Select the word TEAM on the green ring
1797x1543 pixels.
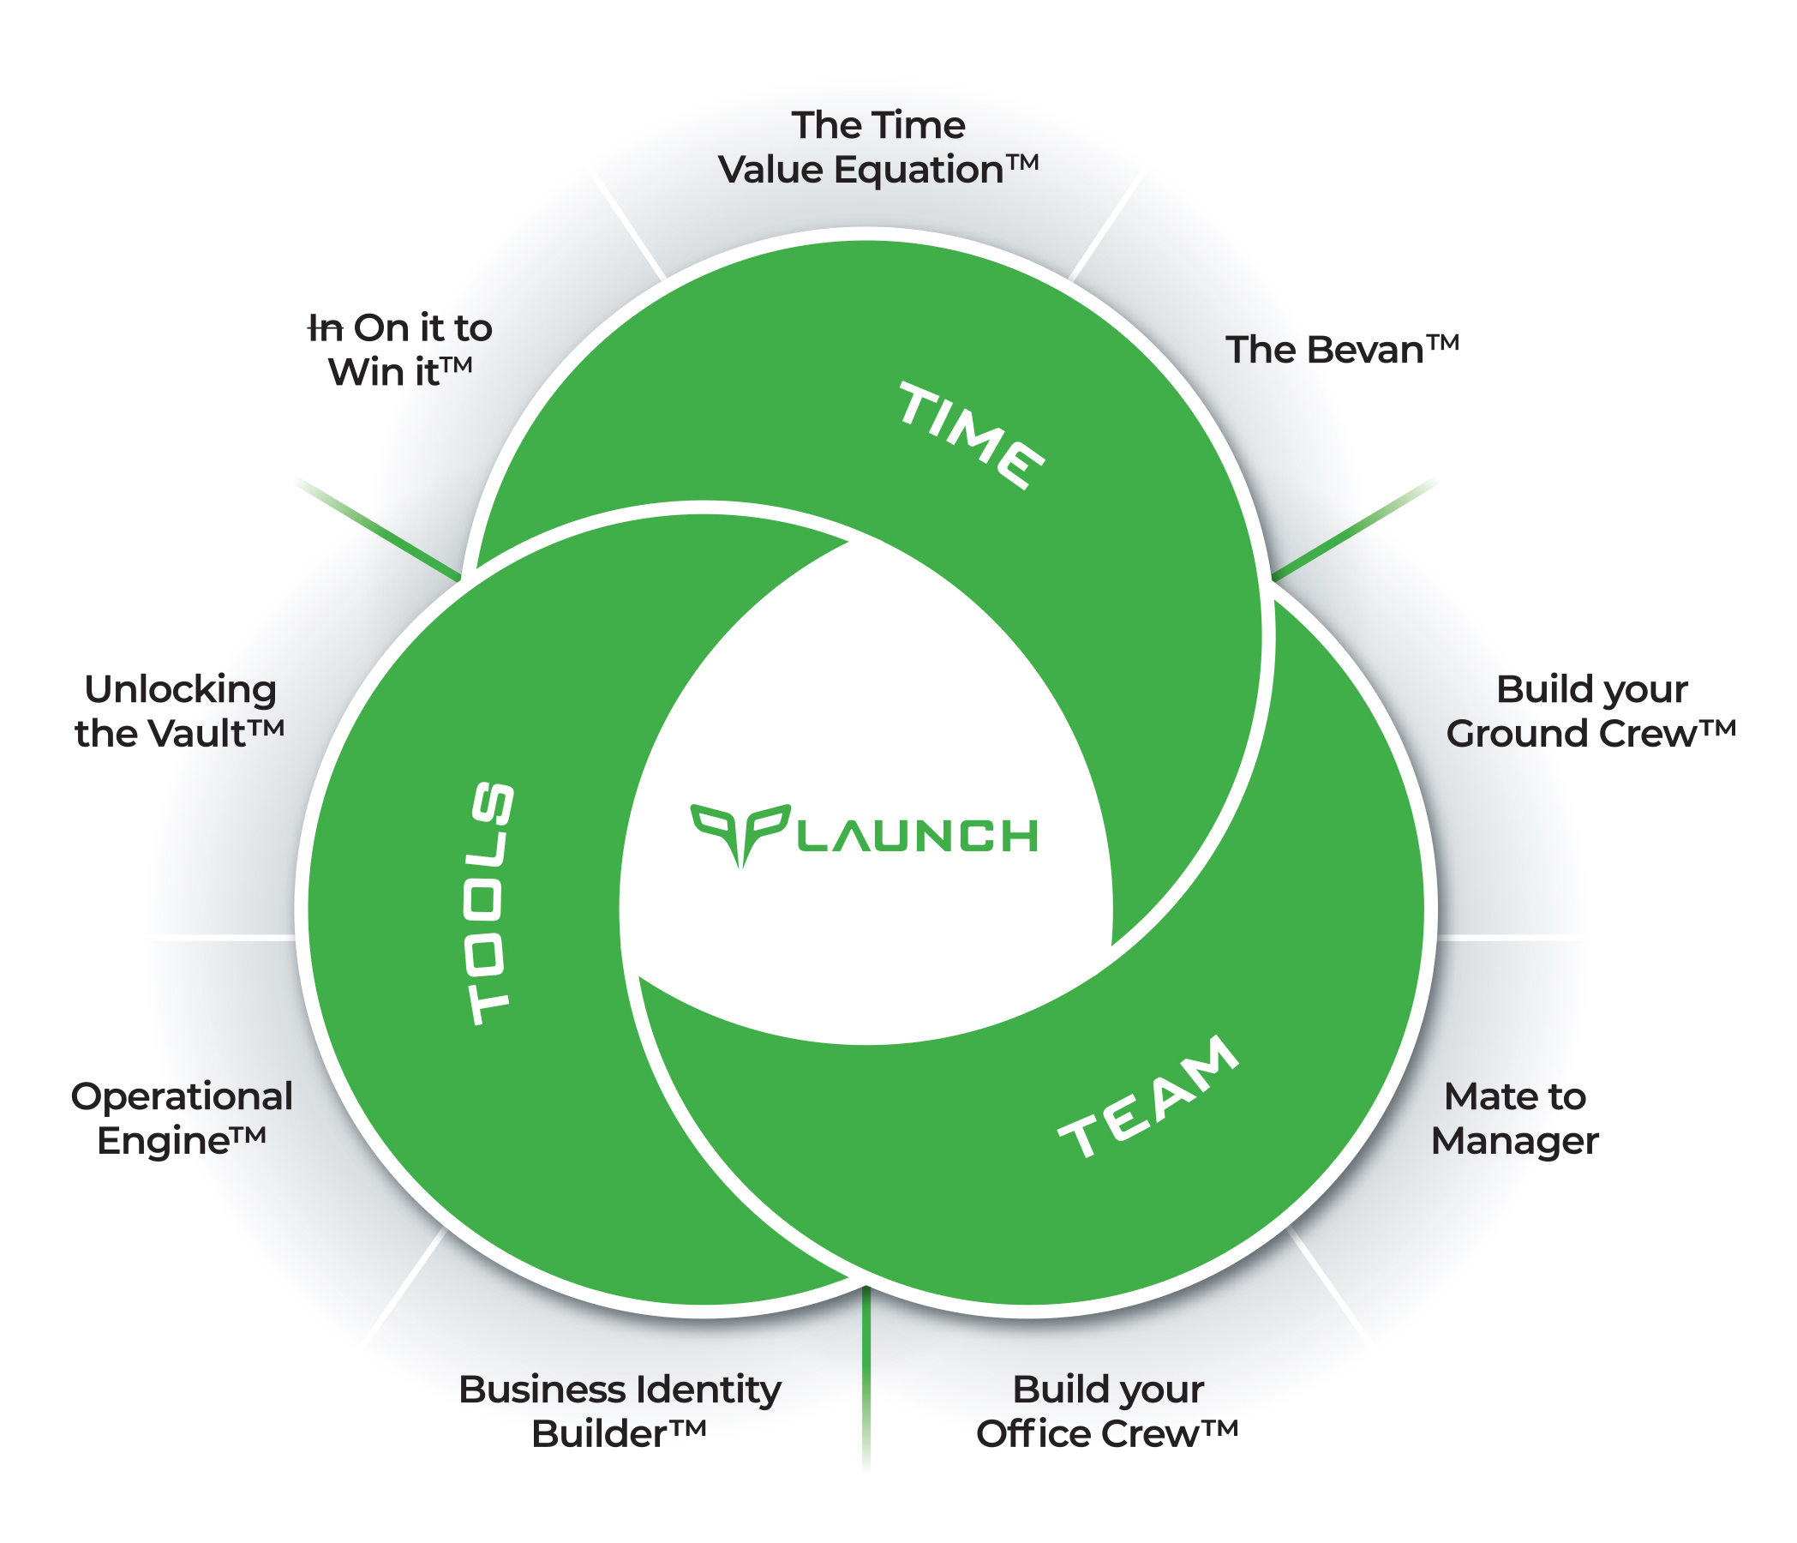[x=1148, y=1097]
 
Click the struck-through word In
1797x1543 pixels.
[x=326, y=328]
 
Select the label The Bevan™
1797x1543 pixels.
[x=1342, y=351]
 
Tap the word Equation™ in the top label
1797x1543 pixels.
[x=936, y=170]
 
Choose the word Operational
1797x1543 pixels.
[x=182, y=1097]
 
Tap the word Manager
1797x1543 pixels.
[x=1514, y=1142]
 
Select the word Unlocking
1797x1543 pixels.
[x=181, y=690]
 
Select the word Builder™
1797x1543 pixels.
[x=619, y=1435]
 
